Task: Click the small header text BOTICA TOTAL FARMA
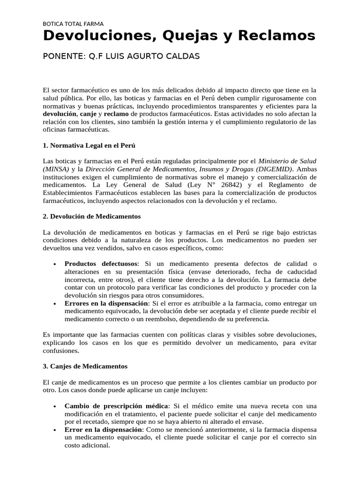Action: tap(73, 23)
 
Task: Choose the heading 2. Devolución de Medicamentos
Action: tap(91, 217)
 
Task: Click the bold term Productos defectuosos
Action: tap(101, 264)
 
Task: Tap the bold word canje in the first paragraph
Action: tap(88, 114)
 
